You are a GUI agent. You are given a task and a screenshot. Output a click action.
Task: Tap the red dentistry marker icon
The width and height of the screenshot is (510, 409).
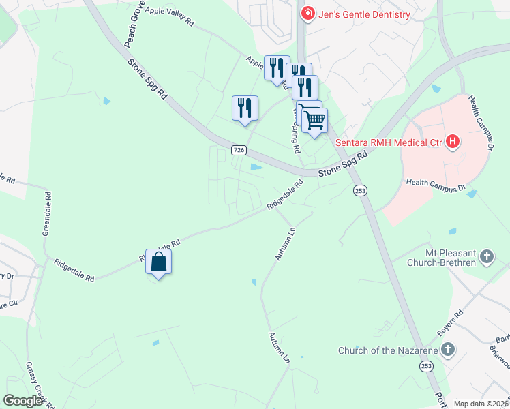307,14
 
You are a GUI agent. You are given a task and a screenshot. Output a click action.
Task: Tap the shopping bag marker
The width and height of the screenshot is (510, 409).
158,262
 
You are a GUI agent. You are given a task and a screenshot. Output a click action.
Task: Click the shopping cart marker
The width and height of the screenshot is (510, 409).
314,121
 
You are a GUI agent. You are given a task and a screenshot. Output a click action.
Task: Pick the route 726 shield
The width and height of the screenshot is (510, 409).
239,149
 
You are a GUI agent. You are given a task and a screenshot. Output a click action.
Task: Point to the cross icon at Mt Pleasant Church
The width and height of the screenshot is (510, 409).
486,256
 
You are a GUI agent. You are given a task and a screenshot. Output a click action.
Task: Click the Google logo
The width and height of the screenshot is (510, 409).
23,401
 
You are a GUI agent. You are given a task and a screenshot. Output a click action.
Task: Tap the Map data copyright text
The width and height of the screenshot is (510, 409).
481,404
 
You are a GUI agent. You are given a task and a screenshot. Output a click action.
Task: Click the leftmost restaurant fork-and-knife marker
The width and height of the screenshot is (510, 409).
245,108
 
